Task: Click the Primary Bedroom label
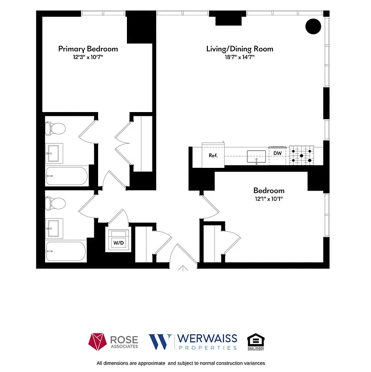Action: coord(88,49)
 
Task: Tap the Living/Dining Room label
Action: coord(239,49)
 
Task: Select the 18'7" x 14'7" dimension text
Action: coord(239,57)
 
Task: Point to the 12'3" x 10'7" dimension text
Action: coord(88,57)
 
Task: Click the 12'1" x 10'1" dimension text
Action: coord(269,199)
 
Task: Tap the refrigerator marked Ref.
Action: coord(213,155)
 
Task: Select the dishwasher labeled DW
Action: coord(278,153)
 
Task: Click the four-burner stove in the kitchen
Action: coord(302,155)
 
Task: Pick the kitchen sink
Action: coord(256,155)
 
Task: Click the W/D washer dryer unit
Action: coord(119,242)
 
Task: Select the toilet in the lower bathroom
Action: coord(57,203)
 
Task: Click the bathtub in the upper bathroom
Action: coord(66,177)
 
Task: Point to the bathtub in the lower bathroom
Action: coord(66,252)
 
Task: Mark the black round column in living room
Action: coord(313,27)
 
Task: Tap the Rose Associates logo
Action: coord(113,342)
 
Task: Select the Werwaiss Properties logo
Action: coord(193,342)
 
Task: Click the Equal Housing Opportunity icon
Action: coord(255,342)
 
